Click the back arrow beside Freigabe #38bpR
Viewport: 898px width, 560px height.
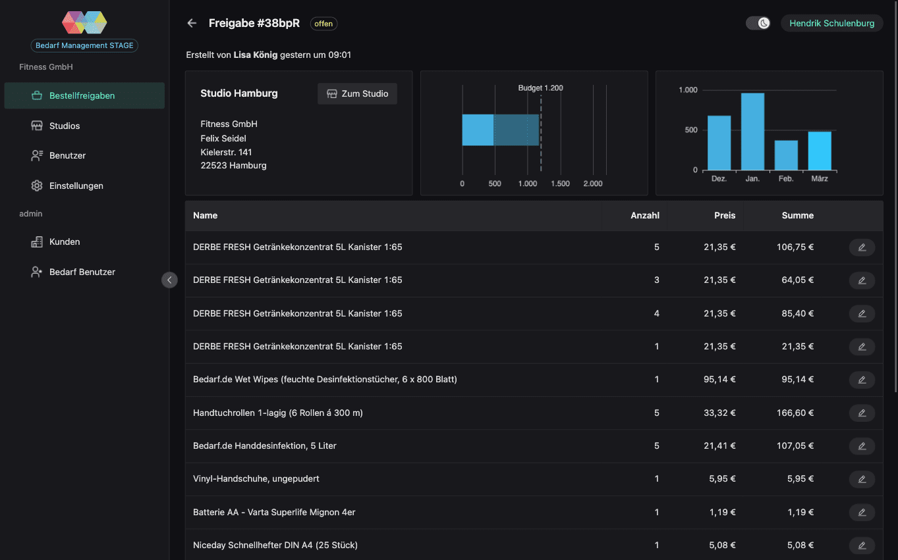(x=192, y=23)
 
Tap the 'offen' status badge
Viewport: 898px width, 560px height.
(x=323, y=24)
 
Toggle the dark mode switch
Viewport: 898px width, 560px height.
(x=758, y=23)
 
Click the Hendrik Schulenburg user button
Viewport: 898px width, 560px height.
(x=831, y=23)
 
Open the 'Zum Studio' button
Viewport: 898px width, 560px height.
(x=357, y=93)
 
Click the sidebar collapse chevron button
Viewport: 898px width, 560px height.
(x=169, y=280)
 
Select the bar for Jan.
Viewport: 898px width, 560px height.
(x=752, y=132)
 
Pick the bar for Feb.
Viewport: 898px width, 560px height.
(x=786, y=155)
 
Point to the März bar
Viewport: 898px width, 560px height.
(x=820, y=151)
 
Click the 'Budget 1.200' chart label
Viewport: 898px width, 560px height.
(x=540, y=88)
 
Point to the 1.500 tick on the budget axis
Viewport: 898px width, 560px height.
(x=560, y=184)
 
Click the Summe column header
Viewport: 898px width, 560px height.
(x=797, y=215)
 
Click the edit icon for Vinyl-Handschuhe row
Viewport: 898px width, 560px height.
(x=862, y=479)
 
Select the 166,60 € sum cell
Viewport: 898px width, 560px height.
(x=795, y=413)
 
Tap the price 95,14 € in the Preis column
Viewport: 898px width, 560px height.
(x=719, y=379)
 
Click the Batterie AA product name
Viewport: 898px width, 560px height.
(x=274, y=512)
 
